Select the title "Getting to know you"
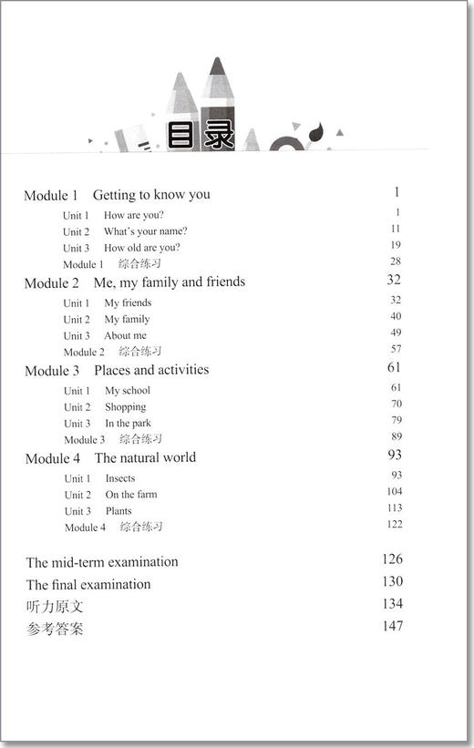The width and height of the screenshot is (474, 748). pyautogui.click(x=151, y=195)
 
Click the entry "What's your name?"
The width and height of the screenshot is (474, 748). pyautogui.click(x=145, y=231)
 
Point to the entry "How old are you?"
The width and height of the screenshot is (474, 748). pyautogui.click(x=141, y=248)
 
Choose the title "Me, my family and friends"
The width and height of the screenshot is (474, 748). pyautogui.click(x=169, y=282)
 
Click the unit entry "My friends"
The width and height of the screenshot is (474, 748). pyautogui.click(x=128, y=302)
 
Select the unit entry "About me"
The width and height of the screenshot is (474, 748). pyautogui.click(x=125, y=335)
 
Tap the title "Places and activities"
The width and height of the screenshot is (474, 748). pyautogui.click(x=151, y=370)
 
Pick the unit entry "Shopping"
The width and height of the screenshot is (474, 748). pyautogui.click(x=125, y=407)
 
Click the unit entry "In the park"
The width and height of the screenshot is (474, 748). pyautogui.click(x=128, y=424)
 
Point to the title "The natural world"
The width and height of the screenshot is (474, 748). pyautogui.click(x=145, y=457)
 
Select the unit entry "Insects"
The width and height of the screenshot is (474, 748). pyautogui.click(x=119, y=478)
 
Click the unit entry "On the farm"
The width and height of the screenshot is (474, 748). pyautogui.click(x=131, y=495)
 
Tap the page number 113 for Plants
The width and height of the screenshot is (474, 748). pyautogui.click(x=394, y=508)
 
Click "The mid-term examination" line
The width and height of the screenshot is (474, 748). pyautogui.click(x=102, y=562)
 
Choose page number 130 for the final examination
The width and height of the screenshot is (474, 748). pyautogui.click(x=393, y=581)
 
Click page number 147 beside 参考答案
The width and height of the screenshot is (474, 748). pyautogui.click(x=393, y=626)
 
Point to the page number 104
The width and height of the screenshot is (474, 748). pyautogui.click(x=394, y=492)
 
